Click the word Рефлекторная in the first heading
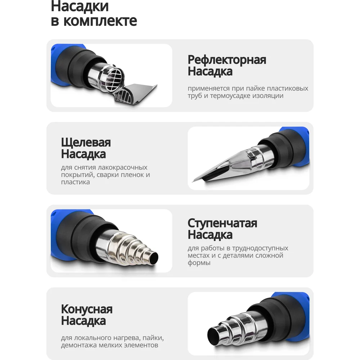pyautogui.click(x=227, y=60)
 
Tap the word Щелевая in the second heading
pyautogui.click(x=86, y=143)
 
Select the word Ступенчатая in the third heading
pyautogui.click(x=222, y=224)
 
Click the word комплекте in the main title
pyautogui.click(x=100, y=21)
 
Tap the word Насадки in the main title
pyautogui.click(x=80, y=6)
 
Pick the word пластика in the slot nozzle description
pyautogui.click(x=75, y=182)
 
